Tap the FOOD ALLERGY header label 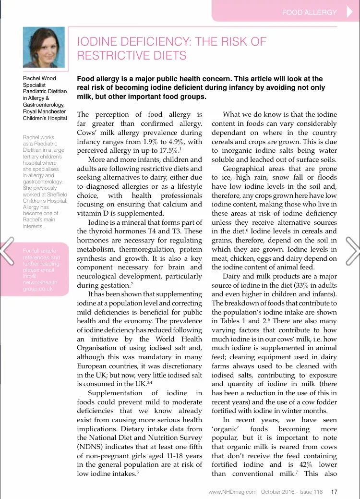point(309,12)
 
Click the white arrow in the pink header point(349,12)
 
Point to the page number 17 point(335,491)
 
